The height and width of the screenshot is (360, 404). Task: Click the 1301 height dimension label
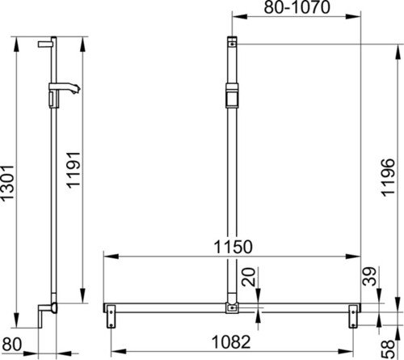pos(7,183)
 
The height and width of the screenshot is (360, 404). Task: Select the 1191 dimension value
pos(74,170)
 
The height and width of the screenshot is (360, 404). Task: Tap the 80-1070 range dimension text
pos(297,7)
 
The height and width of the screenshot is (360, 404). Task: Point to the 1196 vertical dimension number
pos(388,177)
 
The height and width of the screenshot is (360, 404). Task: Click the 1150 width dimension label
pos(234,247)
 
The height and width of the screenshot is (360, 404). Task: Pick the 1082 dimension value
pos(231,342)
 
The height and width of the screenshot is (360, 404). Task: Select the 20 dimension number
pos(248,277)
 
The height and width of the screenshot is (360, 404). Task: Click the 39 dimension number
pos(369,276)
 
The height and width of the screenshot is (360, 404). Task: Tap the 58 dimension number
pos(388,349)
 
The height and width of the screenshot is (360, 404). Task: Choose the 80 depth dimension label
pos(11,344)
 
